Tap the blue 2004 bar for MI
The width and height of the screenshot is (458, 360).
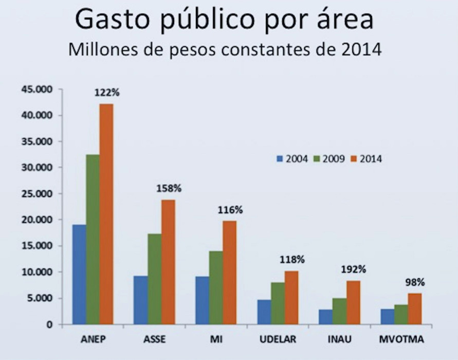tap(203, 300)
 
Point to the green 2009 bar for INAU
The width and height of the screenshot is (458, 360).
tap(339, 311)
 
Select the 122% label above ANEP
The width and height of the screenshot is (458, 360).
tap(106, 93)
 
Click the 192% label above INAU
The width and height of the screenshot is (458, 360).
tap(353, 269)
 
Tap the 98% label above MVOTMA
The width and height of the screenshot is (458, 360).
tap(415, 282)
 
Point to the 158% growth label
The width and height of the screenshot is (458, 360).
tap(168, 188)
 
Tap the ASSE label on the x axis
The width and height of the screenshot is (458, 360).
tap(155, 340)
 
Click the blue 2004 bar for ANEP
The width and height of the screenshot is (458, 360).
tap(79, 275)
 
